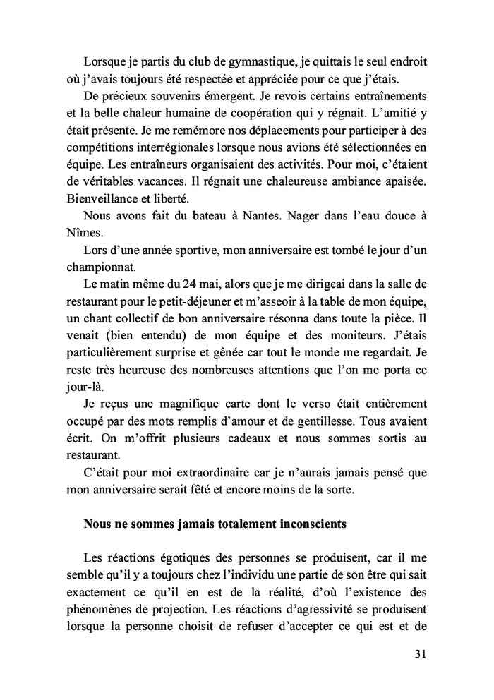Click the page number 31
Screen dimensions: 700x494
[419, 654]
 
